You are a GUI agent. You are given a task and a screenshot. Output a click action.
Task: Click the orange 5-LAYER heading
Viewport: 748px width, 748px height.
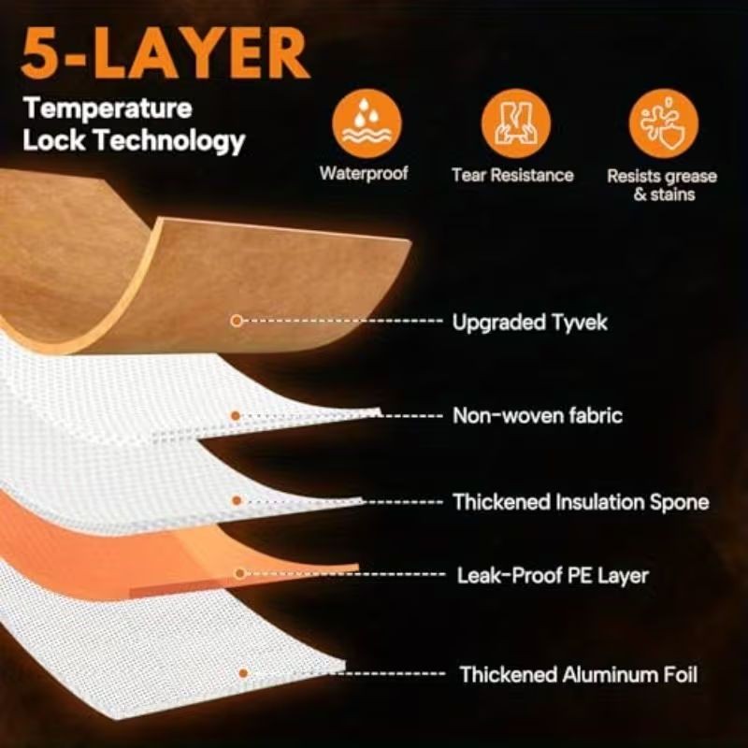[x=165, y=53]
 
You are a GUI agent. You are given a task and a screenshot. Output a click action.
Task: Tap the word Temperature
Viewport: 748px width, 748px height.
[x=108, y=109]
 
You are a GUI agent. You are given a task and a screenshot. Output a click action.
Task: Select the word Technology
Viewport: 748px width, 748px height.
[x=169, y=141]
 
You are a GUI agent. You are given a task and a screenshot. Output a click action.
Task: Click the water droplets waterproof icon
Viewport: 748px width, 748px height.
[x=367, y=123]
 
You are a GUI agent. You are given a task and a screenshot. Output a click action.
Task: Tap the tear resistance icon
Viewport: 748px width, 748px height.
[x=515, y=123]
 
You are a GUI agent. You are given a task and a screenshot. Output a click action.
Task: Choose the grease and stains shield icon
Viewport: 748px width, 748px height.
[x=663, y=123]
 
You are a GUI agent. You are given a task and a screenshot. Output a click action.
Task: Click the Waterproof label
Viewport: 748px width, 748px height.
[x=364, y=174]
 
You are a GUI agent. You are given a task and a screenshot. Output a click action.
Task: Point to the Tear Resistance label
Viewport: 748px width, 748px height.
[x=512, y=175]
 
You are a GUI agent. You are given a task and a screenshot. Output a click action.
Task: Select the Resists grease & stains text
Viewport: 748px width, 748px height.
[x=662, y=185]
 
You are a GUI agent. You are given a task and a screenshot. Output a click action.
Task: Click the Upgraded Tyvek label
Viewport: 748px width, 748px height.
[x=529, y=323]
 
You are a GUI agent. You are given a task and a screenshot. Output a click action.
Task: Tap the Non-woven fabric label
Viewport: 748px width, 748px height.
[x=538, y=415]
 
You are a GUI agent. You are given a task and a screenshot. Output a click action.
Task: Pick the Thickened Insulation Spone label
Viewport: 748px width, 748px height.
[x=581, y=502]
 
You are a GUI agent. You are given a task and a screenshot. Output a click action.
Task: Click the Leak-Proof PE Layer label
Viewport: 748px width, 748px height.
[x=553, y=575]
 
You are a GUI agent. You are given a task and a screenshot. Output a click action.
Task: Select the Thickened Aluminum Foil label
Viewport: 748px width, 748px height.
[x=579, y=674]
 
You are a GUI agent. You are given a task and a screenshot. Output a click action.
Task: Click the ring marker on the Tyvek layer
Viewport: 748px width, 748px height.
[x=237, y=321]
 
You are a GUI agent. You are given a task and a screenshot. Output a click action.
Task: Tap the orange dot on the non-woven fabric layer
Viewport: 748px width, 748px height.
[x=236, y=416]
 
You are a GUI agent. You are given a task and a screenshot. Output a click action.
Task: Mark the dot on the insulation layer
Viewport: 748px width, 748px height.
[x=237, y=501]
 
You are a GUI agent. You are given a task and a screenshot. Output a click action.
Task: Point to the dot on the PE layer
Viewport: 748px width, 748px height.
[x=240, y=573]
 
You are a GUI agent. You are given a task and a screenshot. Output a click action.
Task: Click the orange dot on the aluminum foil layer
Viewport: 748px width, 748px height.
[x=243, y=673]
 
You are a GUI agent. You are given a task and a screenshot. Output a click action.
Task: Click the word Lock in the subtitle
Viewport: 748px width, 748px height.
[x=54, y=140]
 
